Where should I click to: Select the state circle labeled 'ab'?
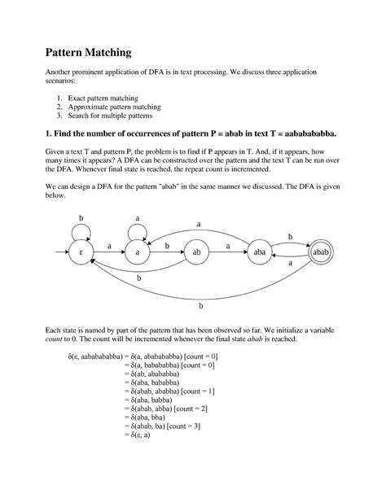tap(196, 253)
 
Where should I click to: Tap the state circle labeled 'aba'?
tap(260, 253)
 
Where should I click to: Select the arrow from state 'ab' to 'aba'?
tap(228, 253)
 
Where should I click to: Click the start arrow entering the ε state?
tap(59, 253)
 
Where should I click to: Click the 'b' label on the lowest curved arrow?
tap(201, 308)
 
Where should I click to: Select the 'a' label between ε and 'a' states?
tap(109, 246)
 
